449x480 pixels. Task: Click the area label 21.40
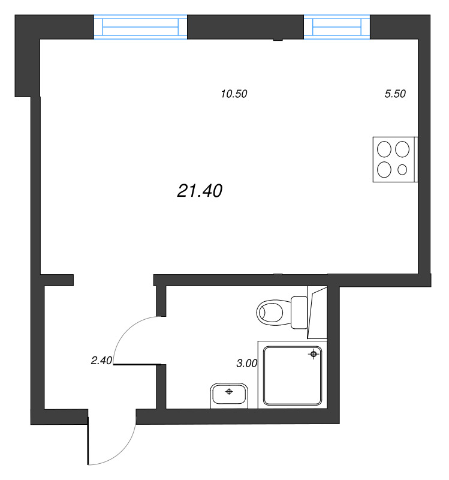(x=200, y=191)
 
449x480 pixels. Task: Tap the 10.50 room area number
(x=234, y=94)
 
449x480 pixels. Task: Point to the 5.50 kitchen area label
(x=395, y=94)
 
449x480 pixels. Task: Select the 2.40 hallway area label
(x=101, y=361)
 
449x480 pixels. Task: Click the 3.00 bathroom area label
(x=247, y=363)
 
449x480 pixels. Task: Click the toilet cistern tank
(x=299, y=312)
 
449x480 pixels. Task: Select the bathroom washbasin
(x=229, y=395)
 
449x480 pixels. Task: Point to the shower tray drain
(x=313, y=355)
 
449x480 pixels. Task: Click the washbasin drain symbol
(x=228, y=392)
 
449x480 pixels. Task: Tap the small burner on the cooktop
(x=402, y=170)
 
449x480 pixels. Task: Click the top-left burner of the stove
(x=384, y=148)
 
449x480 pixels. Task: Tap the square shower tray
(x=292, y=375)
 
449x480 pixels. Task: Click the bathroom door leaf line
(x=138, y=364)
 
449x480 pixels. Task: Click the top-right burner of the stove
(x=403, y=148)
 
